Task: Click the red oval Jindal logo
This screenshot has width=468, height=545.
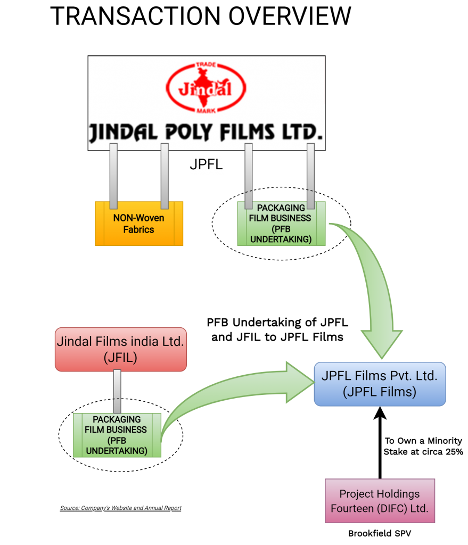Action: point(206,88)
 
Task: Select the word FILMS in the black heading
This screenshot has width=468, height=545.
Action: point(249,132)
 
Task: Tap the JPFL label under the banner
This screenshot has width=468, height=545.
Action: point(207,165)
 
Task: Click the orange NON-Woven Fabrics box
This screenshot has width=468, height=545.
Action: point(139,224)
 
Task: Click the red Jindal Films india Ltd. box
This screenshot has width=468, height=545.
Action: point(121,349)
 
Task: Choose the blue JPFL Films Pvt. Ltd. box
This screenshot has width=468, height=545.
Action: point(380,384)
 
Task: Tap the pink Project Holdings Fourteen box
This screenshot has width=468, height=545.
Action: point(380,501)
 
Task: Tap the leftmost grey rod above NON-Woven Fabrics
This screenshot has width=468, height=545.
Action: point(113,176)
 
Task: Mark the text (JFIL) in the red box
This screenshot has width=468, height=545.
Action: point(121,358)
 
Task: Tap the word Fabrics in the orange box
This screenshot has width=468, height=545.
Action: point(138,230)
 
